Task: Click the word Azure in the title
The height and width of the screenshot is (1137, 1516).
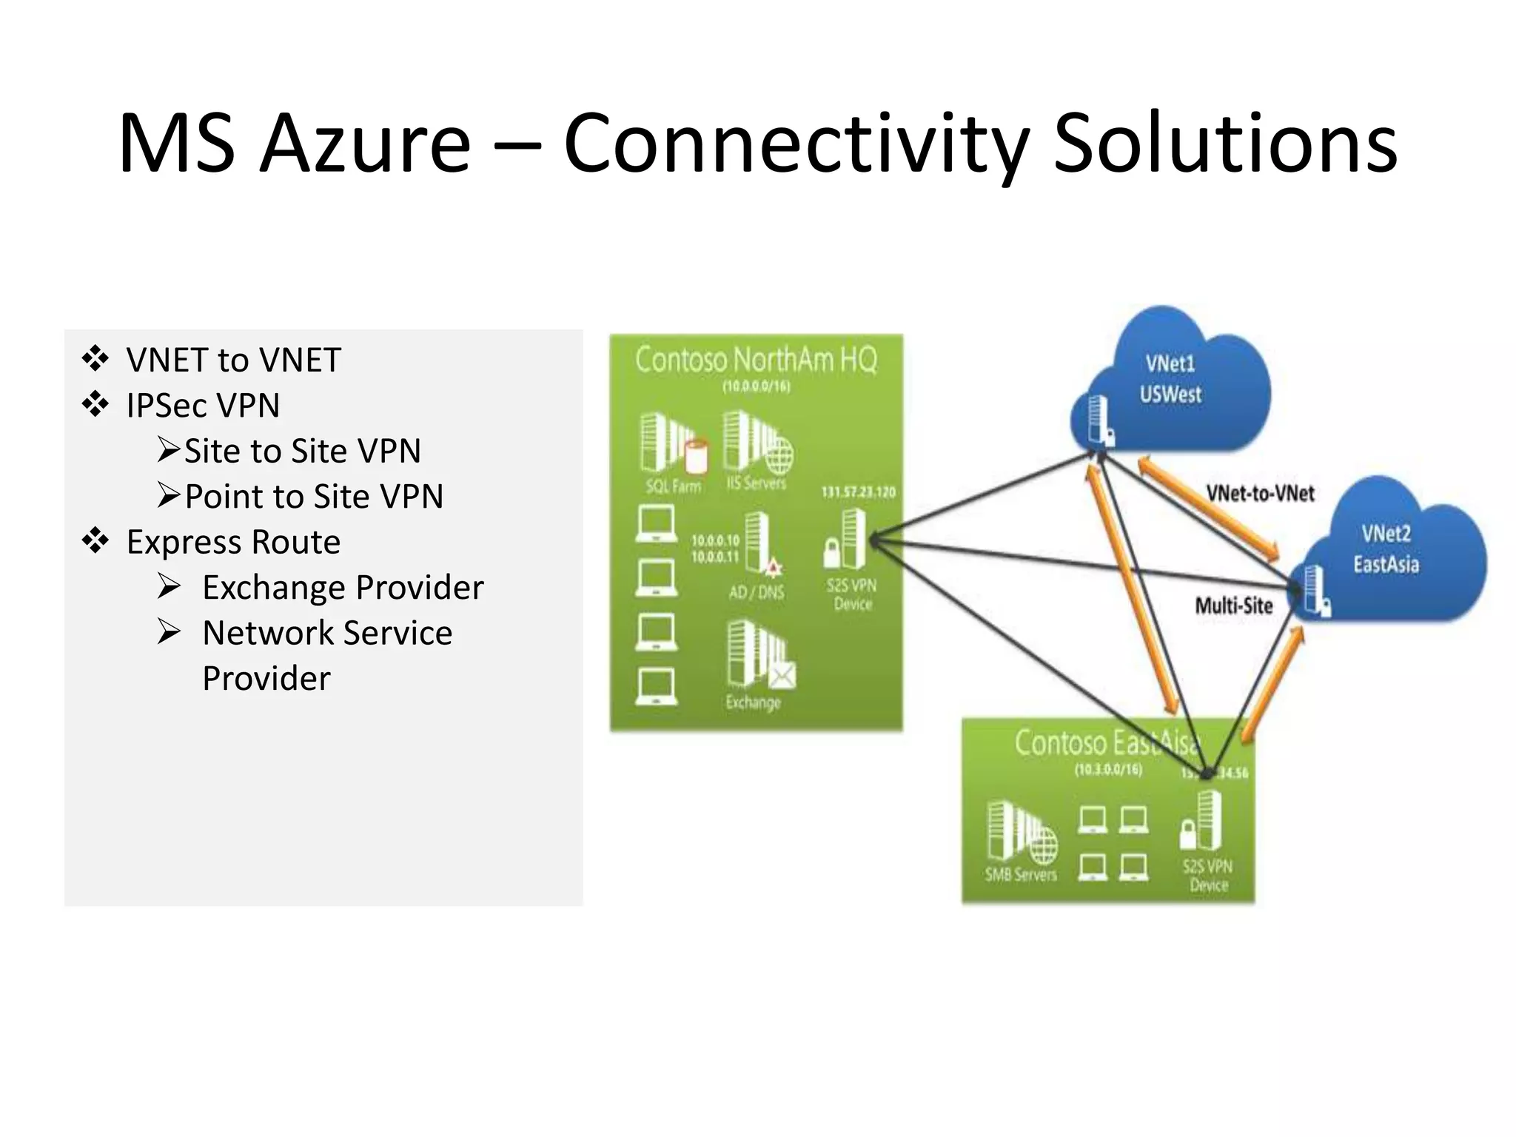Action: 366,143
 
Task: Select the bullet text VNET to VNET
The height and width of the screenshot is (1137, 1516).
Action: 233,360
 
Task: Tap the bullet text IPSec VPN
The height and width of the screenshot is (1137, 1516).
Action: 203,406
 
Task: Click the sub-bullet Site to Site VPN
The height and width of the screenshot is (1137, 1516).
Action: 302,451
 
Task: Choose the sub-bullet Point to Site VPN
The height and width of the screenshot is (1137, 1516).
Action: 313,497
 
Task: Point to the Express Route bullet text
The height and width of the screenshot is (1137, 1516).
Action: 233,542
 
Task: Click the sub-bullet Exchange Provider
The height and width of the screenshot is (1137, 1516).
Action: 343,588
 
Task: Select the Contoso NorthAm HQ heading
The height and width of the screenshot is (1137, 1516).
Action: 756,360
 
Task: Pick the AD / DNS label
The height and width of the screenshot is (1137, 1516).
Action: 756,592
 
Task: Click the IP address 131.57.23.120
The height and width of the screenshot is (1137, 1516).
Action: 858,492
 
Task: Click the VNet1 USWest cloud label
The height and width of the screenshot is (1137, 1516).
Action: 1170,379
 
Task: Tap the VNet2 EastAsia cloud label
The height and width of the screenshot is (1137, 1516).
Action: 1386,549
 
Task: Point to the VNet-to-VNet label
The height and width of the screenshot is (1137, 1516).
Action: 1260,494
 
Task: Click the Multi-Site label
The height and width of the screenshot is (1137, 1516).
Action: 1233,606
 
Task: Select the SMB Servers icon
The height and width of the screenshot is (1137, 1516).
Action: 1022,833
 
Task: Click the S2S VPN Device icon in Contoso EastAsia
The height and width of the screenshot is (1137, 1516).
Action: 1202,822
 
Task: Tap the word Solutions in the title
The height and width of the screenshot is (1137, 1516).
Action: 1224,143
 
